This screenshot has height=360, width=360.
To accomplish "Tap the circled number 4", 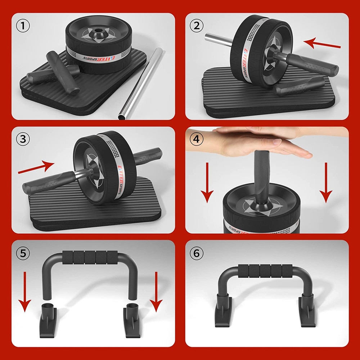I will pos(196,139).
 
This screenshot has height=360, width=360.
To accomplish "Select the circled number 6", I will pos(196,253).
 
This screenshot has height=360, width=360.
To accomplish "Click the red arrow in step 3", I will pos(36,167).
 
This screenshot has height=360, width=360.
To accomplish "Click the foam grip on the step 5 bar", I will pos(90,257).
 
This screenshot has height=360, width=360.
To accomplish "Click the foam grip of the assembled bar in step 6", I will pos(265,270).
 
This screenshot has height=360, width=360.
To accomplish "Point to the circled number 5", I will pos(23,253).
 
